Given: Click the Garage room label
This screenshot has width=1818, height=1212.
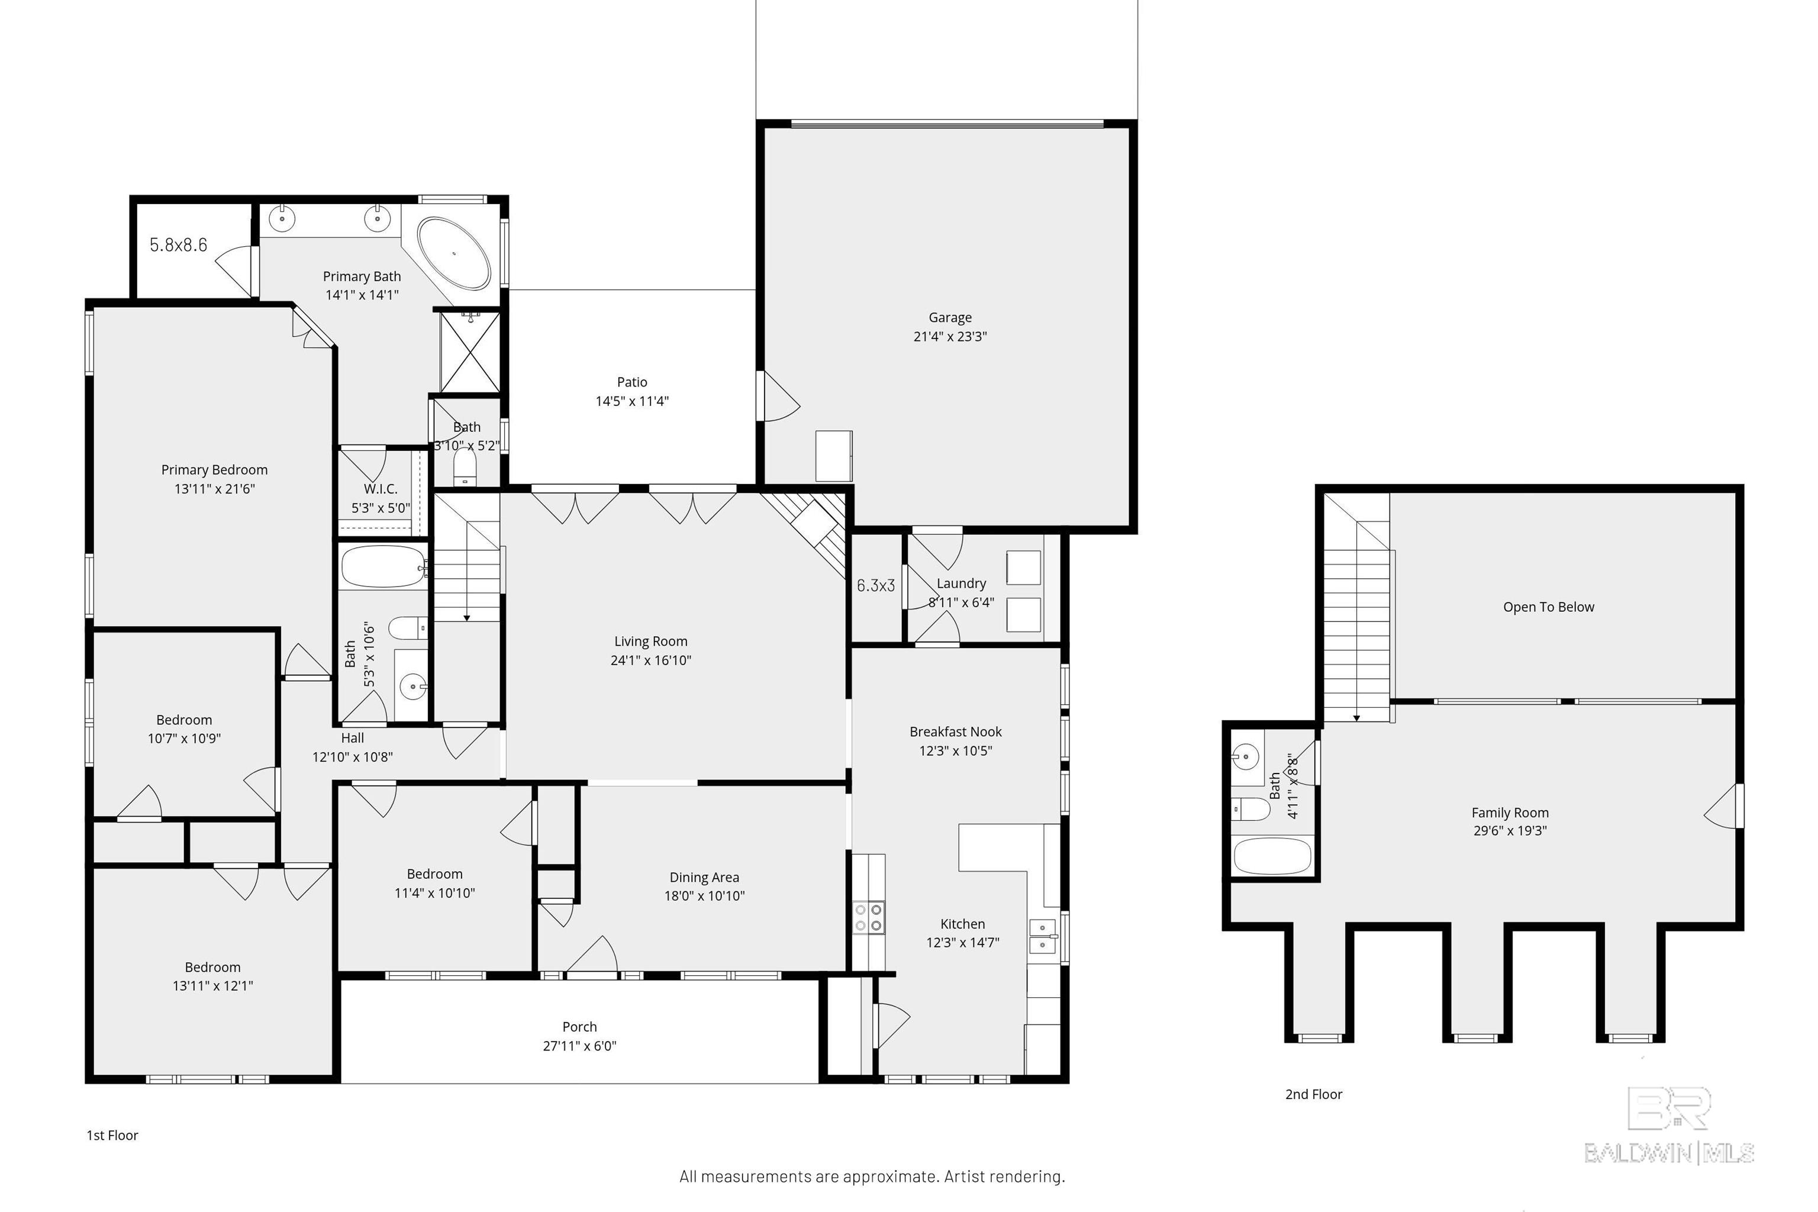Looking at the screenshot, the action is [x=950, y=318].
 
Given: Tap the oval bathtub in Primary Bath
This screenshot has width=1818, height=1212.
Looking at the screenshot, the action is [x=454, y=253].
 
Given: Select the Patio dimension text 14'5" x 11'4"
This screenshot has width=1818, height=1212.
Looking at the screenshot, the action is [x=631, y=401].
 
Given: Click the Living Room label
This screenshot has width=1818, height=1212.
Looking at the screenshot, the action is [x=651, y=642].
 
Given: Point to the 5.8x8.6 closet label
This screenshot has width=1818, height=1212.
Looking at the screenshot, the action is [x=179, y=245].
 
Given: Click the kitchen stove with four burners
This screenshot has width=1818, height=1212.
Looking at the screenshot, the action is [x=868, y=917].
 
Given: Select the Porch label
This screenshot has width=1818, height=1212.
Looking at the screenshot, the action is [x=580, y=1027].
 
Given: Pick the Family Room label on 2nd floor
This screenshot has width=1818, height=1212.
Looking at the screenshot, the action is [x=1510, y=813].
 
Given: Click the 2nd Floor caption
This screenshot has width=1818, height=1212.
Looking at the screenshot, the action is [x=1313, y=1094].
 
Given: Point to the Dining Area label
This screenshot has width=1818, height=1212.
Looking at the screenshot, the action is [x=704, y=877].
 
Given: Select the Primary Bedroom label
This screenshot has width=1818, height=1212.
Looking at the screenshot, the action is [x=214, y=470].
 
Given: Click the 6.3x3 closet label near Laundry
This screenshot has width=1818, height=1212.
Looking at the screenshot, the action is [x=876, y=586].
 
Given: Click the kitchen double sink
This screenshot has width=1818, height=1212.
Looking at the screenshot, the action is [x=1043, y=936].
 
